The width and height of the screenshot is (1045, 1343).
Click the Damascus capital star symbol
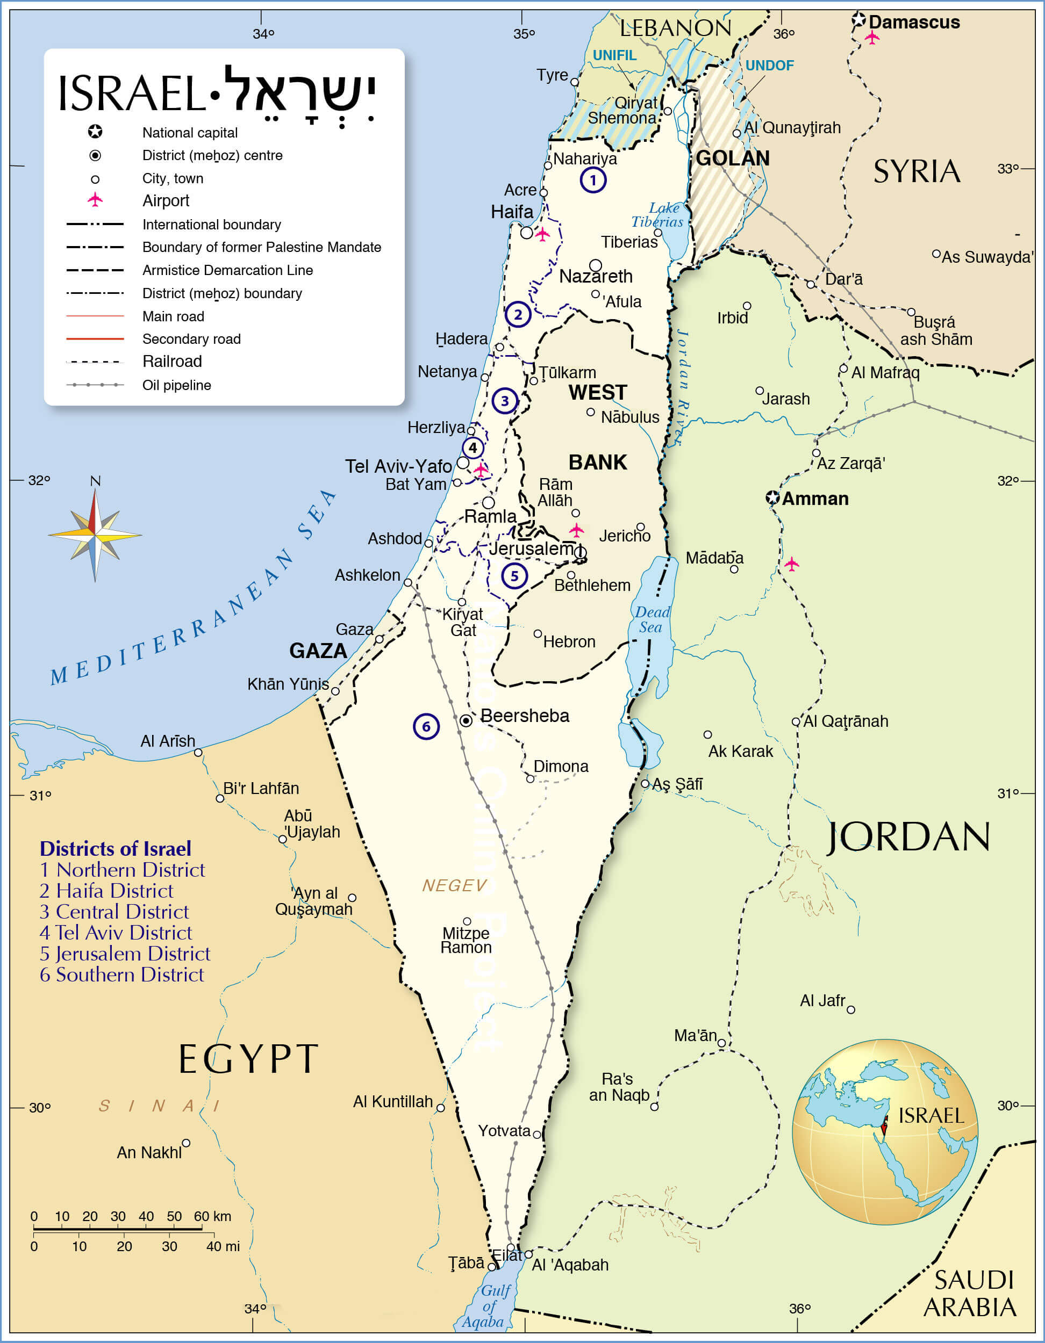click(x=859, y=20)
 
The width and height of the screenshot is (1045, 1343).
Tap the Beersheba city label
click(x=524, y=716)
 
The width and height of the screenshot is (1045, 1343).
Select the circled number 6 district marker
click(x=426, y=726)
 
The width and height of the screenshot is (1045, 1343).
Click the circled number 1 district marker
click(x=593, y=180)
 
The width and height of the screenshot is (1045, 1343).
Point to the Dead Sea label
click(x=652, y=619)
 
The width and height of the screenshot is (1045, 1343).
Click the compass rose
click(x=95, y=534)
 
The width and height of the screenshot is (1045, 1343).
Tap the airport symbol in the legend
click(x=95, y=200)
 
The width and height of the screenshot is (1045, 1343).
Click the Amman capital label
click(x=815, y=499)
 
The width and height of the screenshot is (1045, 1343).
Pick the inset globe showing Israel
click(x=884, y=1131)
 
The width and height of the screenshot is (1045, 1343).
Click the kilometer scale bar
click(x=117, y=1229)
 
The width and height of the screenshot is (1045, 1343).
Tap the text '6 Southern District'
click(x=121, y=974)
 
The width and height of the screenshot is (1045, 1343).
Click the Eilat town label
click(x=506, y=1255)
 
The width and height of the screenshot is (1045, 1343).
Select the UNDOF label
click(x=769, y=65)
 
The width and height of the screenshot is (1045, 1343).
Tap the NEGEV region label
click(x=454, y=885)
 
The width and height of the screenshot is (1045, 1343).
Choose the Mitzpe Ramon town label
click(x=466, y=940)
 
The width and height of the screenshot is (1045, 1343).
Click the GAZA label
click(x=318, y=651)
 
